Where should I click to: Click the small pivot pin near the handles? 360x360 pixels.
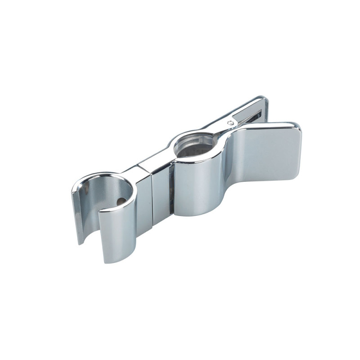(x=230, y=122)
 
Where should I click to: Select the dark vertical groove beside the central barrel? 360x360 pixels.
(x=171, y=189)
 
